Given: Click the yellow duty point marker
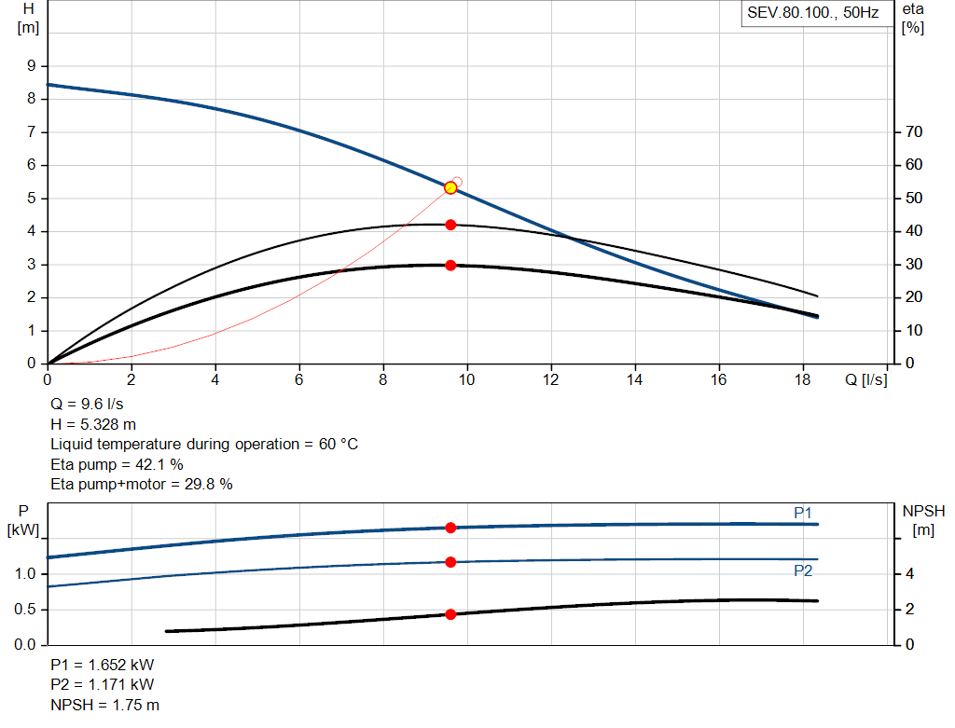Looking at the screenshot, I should point(450,187).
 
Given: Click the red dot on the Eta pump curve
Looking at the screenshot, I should point(450,225).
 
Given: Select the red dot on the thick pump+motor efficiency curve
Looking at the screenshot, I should point(450,265).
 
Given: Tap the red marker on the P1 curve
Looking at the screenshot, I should point(450,528).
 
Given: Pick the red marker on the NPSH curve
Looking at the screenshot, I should point(450,614).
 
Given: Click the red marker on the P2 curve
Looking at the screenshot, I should point(450,562).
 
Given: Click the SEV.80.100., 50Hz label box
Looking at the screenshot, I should point(812,14).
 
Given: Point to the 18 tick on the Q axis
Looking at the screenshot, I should point(802,379).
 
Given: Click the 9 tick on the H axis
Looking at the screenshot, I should point(31,66).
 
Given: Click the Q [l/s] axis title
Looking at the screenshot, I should point(865,379).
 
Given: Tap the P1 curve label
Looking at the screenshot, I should point(803,513).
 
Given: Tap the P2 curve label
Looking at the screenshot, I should point(803,570).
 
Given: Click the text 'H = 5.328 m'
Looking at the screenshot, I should point(93,424).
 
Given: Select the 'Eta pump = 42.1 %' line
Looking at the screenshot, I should point(117,464).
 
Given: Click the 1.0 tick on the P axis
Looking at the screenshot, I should point(25,574).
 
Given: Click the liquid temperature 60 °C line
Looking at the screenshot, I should point(203,444).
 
